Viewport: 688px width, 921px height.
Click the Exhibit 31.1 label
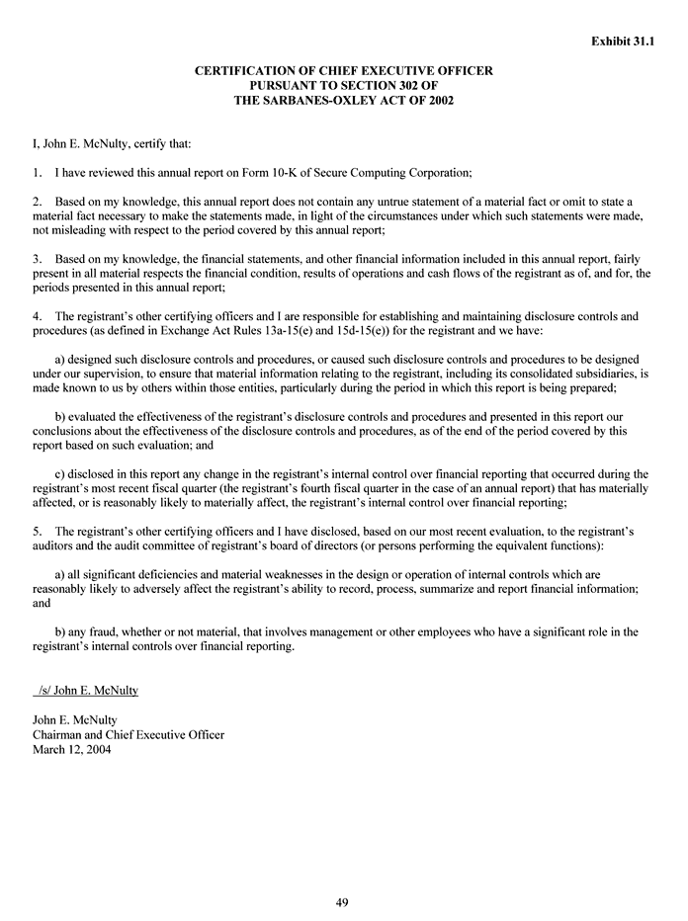point(623,42)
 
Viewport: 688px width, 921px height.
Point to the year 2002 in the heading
point(436,101)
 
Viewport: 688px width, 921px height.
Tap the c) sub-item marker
point(60,473)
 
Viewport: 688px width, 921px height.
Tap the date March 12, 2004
point(72,749)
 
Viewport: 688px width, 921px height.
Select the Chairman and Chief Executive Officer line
point(129,734)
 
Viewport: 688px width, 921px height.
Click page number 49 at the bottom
point(342,901)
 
